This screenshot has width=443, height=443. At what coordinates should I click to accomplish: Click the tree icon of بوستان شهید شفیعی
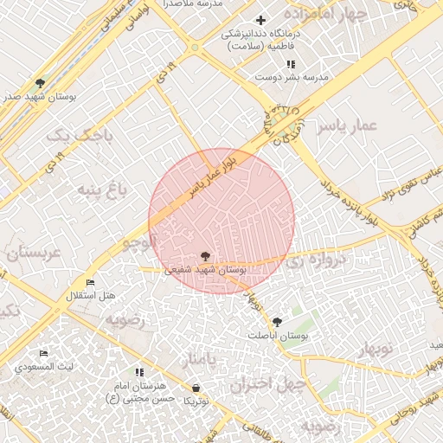point(205,256)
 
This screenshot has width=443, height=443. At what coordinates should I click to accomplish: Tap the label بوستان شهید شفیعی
point(205,270)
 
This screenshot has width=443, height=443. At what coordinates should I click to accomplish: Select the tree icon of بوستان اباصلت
point(277,321)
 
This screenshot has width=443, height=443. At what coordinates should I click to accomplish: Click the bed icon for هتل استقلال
point(91,282)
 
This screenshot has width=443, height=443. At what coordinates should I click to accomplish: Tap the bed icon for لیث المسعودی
point(44,353)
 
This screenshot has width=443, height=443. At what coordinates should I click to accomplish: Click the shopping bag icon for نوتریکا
point(196,388)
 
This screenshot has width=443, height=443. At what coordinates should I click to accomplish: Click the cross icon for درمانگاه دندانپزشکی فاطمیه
point(261,20)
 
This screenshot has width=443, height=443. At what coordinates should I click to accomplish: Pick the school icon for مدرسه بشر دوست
point(291,64)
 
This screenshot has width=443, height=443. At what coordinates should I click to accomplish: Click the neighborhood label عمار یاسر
point(347,126)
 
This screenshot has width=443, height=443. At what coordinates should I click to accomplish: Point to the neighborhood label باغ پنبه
point(104,189)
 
